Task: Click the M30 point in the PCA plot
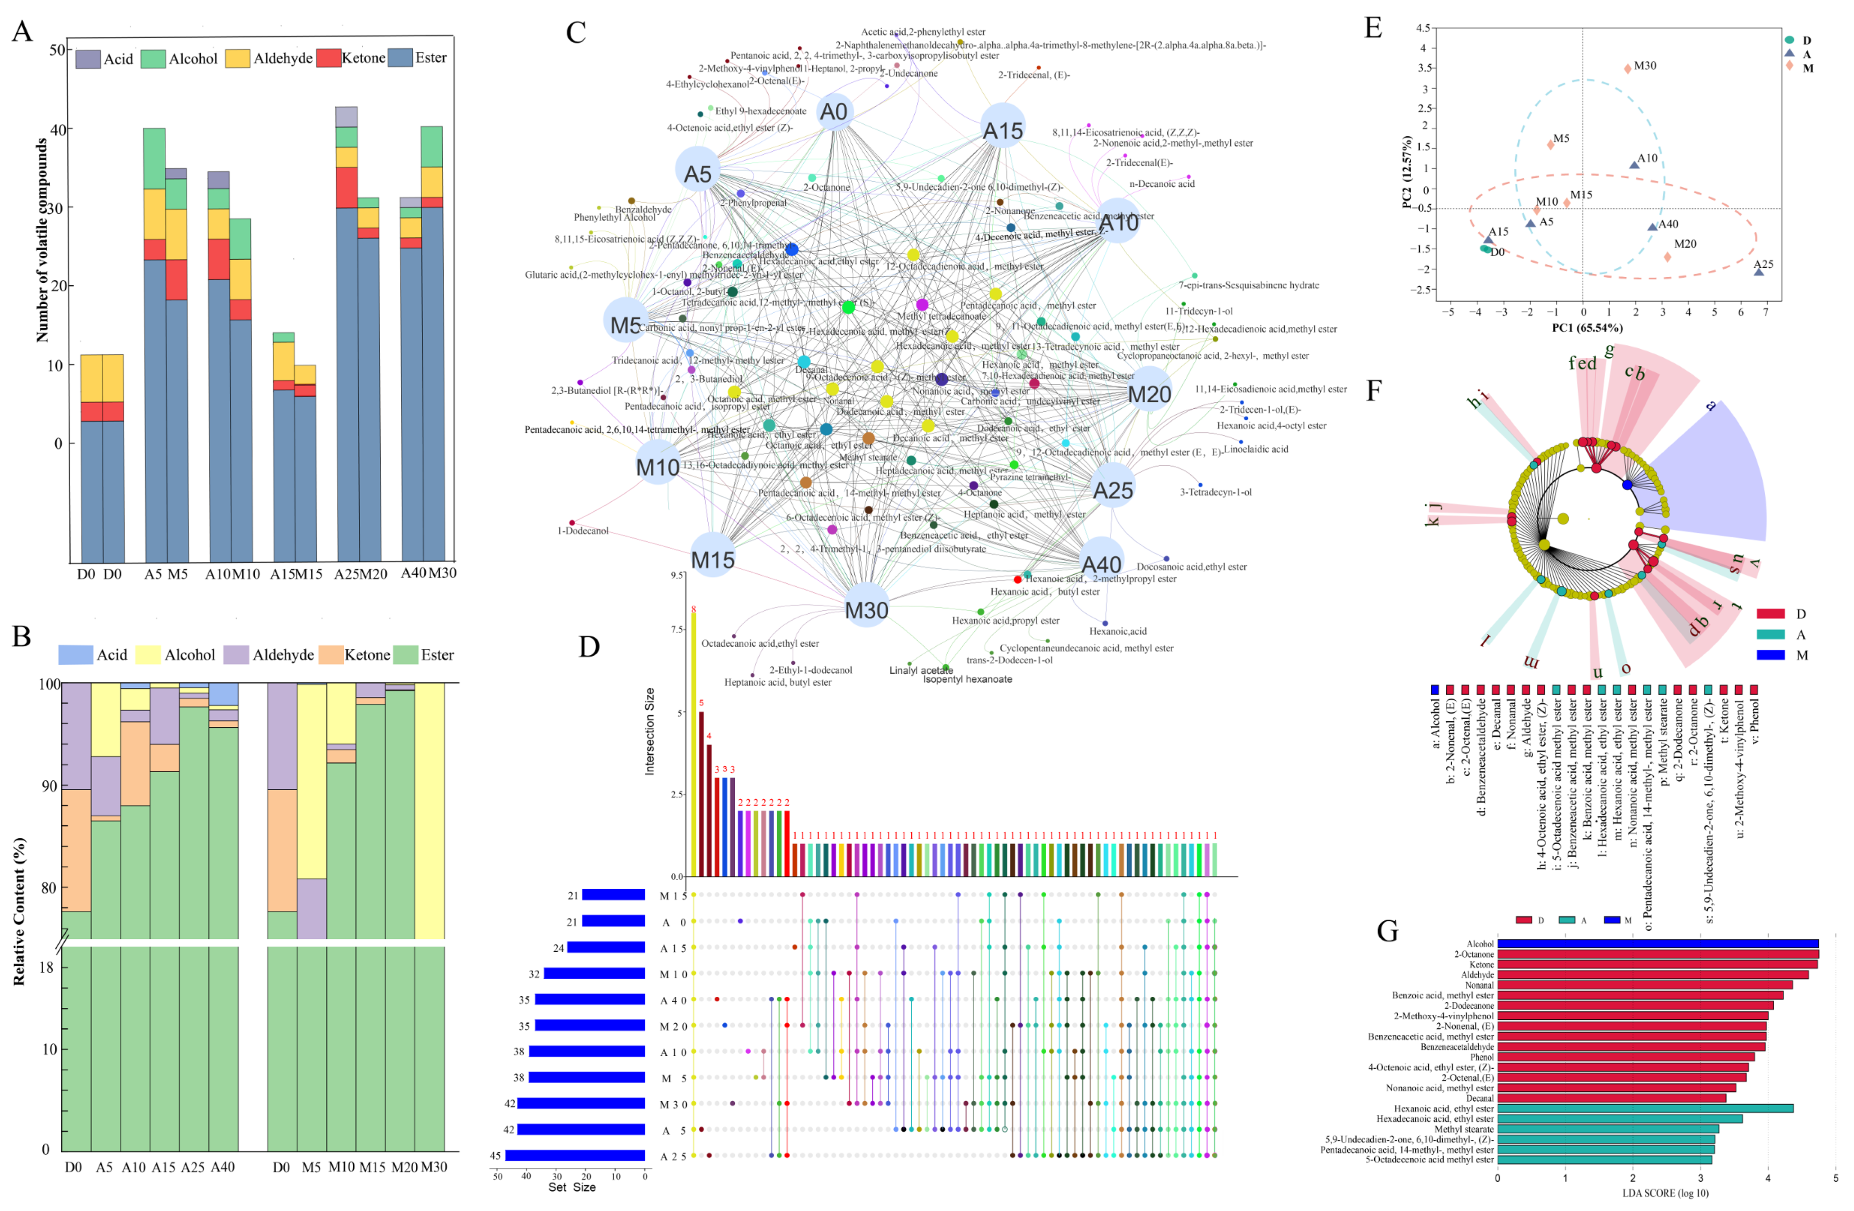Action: (x=1627, y=68)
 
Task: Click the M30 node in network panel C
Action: (x=866, y=609)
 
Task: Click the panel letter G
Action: (x=1387, y=932)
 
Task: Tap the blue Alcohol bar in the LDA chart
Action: (x=1658, y=944)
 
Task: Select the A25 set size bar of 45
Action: (x=575, y=1156)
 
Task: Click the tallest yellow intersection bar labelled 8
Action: (x=693, y=744)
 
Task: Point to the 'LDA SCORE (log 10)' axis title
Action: (x=1665, y=1193)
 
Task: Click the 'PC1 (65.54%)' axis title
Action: (x=1587, y=328)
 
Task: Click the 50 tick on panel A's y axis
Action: (x=57, y=50)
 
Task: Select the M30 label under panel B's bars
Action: (x=434, y=1166)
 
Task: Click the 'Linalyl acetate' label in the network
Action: (x=921, y=671)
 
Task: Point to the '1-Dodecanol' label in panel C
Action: (x=583, y=531)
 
